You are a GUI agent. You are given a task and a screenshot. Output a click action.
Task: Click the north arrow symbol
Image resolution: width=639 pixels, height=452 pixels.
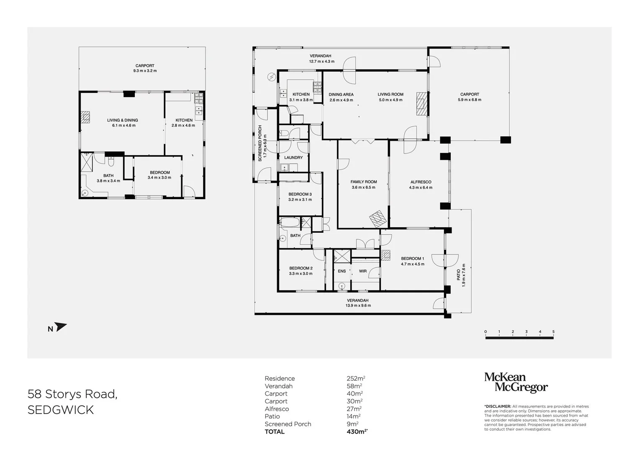tap(61, 327)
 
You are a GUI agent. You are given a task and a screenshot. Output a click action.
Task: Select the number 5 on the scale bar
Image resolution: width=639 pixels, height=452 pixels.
tap(553, 332)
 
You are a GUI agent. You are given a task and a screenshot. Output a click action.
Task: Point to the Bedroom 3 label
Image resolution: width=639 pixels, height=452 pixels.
tap(300, 194)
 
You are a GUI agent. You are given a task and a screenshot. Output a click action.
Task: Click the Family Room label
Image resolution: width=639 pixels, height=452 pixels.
tap(364, 182)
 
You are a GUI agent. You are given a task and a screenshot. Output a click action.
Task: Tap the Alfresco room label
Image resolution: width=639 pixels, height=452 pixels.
tap(421, 182)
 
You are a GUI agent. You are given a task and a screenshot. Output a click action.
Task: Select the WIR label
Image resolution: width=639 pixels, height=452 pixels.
tap(363, 271)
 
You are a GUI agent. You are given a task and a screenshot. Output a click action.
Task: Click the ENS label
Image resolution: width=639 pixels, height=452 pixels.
tap(342, 271)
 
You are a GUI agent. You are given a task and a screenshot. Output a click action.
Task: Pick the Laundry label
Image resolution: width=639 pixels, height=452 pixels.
tap(293, 158)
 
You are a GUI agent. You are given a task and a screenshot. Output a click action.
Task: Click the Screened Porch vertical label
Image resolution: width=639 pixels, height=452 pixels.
tap(260, 143)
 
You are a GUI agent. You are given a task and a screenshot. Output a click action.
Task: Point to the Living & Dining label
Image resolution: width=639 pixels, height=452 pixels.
tap(123, 120)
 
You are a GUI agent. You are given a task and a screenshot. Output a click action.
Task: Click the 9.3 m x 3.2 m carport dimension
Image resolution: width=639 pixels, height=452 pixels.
tap(145, 71)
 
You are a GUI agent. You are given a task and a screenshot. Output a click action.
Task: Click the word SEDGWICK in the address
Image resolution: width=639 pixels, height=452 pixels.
tap(61, 410)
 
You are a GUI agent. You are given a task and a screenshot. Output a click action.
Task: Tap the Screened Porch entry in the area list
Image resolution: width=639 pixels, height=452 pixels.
tap(288, 424)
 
